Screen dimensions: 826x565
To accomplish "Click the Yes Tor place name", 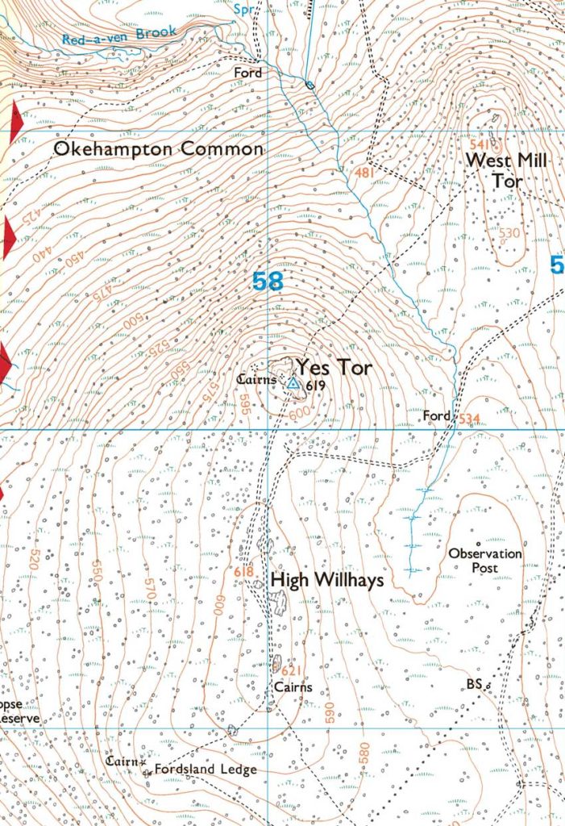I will (x=334, y=369).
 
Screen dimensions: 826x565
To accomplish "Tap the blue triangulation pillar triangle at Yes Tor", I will (x=293, y=385).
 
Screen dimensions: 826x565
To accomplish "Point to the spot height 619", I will (x=314, y=386).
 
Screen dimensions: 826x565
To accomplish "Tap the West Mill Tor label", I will (x=506, y=171).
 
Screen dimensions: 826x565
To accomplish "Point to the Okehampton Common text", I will (x=158, y=149).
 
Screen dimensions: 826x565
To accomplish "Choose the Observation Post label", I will (x=485, y=561).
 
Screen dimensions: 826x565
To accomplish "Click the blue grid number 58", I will (x=268, y=282).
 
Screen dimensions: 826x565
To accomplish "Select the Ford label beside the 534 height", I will (x=437, y=415).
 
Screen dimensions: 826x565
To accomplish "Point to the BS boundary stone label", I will (x=474, y=684).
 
